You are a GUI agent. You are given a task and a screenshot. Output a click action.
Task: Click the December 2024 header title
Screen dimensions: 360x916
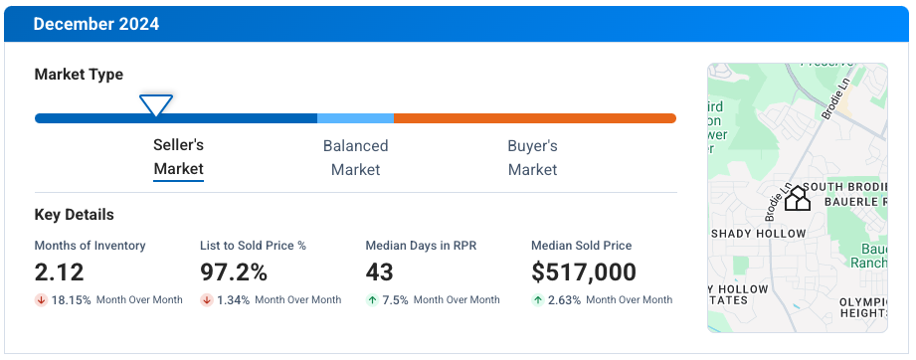(x=95, y=24)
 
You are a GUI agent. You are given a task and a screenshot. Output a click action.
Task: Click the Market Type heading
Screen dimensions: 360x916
(x=79, y=75)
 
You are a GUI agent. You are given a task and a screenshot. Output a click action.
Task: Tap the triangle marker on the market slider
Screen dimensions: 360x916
(x=156, y=104)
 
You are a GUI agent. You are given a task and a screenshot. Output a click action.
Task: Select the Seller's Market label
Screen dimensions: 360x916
(x=178, y=157)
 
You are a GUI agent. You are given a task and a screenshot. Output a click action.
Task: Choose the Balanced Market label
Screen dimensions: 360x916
(x=355, y=157)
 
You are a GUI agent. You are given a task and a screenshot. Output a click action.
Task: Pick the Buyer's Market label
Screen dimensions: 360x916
(x=532, y=157)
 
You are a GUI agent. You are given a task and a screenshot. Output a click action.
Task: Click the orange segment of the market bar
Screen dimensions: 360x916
(x=534, y=118)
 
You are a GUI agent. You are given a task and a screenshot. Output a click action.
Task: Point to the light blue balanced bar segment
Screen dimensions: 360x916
(x=355, y=118)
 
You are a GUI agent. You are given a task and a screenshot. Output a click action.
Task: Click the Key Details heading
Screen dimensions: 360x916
(x=74, y=215)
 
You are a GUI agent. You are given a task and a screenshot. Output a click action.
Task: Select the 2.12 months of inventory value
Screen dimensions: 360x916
(x=60, y=272)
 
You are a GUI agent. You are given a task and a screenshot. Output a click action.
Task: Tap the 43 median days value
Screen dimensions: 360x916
(x=380, y=272)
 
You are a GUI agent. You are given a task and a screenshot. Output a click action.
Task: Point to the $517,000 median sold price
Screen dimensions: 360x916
(x=584, y=272)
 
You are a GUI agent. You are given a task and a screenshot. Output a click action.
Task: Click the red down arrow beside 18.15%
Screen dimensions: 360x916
(x=41, y=300)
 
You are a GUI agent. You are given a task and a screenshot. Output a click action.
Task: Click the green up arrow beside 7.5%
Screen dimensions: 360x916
(x=372, y=300)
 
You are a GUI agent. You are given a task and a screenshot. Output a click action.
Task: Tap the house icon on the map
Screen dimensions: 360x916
(x=797, y=199)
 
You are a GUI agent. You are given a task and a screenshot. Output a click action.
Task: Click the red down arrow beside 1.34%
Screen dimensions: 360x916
(x=207, y=300)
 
